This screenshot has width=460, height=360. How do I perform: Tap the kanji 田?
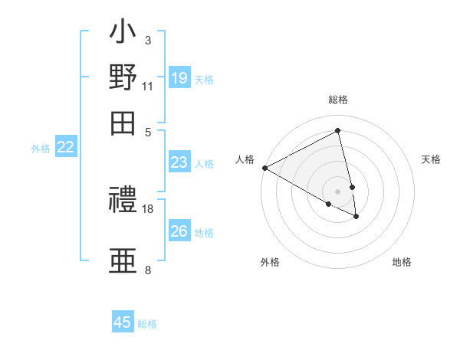[x=123, y=123]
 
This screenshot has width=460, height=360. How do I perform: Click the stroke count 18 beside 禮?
[x=148, y=208]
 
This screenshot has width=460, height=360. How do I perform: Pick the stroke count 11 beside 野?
[x=148, y=86]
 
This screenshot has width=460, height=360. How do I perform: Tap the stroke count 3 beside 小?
[x=148, y=40]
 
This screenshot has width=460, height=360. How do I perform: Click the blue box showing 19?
[x=179, y=78]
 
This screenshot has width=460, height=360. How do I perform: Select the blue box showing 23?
[x=179, y=162]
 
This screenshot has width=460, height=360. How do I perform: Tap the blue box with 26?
[x=179, y=231]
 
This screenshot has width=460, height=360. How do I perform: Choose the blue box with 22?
[x=65, y=147]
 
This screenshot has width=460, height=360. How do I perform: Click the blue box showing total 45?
[x=123, y=322]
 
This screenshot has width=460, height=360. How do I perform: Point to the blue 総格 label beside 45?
[x=147, y=324]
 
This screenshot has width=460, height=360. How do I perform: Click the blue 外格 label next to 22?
[x=41, y=149]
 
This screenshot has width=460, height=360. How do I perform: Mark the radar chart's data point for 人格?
[x=264, y=168]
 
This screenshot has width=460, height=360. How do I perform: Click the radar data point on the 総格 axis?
[x=338, y=131]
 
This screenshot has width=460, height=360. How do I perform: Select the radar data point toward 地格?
[x=356, y=217]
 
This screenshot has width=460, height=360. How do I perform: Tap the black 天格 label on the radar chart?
[x=431, y=159]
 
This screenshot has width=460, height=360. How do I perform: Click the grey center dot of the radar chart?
[x=338, y=191]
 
